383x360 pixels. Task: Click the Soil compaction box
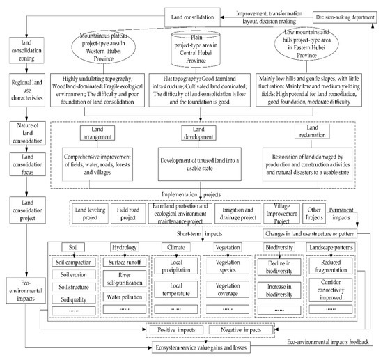(74, 262)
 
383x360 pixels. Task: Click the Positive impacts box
(172, 329)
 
